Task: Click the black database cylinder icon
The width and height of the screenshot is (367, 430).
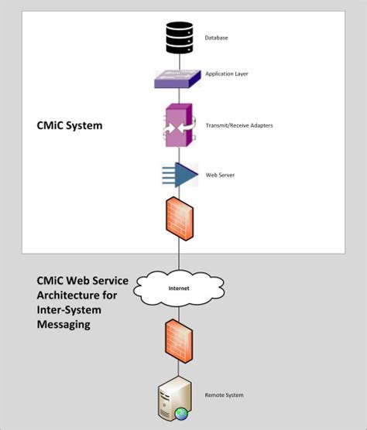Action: pos(180,36)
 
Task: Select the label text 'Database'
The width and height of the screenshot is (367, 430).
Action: pos(216,37)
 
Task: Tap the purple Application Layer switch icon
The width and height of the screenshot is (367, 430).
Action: pos(179,78)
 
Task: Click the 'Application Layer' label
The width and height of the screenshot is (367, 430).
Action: pos(225,74)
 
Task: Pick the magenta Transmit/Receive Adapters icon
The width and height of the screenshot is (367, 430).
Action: pos(178,125)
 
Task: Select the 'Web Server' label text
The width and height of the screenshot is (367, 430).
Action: pos(220,176)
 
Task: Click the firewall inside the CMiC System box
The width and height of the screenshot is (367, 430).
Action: pos(180,220)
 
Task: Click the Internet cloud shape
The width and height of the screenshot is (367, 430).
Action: pos(179,289)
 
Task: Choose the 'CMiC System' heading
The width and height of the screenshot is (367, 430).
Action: pos(70,125)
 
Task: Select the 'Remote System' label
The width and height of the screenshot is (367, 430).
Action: pos(224,395)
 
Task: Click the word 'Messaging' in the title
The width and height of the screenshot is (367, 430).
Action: pos(64,325)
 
